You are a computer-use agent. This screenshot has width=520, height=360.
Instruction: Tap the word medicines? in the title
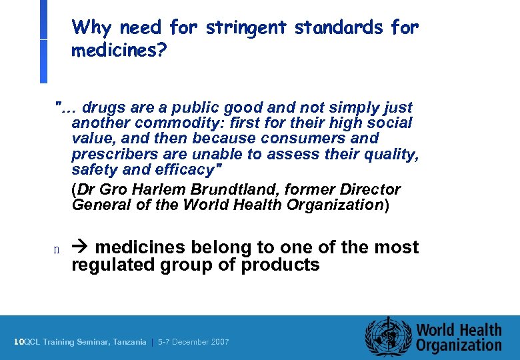(119, 51)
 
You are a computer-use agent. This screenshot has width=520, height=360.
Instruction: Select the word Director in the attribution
(368, 189)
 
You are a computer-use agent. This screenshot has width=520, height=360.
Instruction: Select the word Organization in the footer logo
(459, 345)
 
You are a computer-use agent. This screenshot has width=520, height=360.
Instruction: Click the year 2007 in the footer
(219, 342)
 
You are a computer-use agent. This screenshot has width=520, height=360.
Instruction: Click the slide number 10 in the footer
(19, 342)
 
